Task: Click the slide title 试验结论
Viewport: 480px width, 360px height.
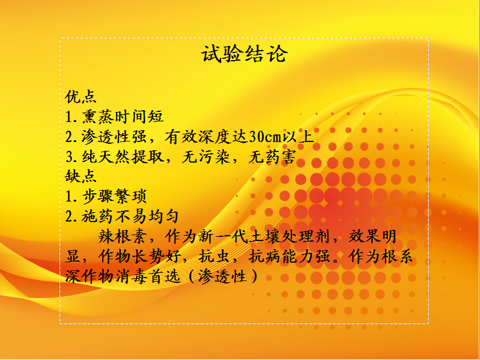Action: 244,54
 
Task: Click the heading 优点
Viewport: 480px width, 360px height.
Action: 81,97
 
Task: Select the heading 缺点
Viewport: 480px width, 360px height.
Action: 81,176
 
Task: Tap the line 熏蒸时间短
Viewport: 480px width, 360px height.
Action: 123,117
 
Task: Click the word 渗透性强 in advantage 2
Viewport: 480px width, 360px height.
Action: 114,137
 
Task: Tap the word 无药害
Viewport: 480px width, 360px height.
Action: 272,157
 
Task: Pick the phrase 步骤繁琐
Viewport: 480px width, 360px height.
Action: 114,196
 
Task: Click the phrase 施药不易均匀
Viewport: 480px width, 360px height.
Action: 130,216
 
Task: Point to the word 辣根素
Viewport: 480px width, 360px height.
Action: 122,236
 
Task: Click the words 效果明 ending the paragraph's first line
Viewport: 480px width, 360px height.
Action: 373,236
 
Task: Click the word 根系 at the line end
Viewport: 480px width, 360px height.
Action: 397,256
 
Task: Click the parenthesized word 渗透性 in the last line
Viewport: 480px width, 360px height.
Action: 222,276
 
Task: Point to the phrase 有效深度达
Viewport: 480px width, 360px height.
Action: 206,137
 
